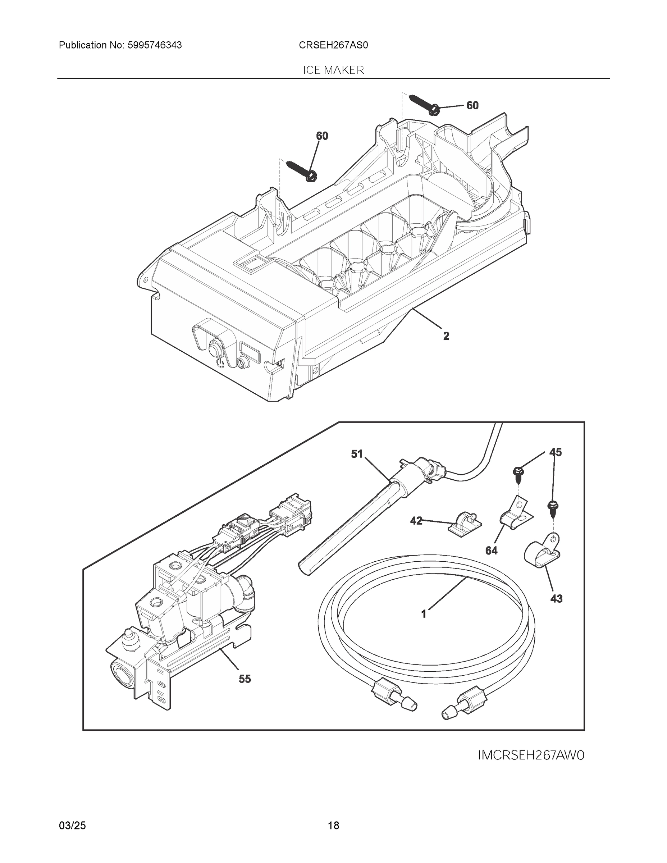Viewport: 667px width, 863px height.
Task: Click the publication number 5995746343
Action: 155,45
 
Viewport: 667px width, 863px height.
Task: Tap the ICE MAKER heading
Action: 333,70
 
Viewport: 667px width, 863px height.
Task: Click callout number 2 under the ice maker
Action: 446,336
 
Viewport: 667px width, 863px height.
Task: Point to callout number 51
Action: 356,454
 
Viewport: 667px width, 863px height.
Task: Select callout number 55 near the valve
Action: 245,679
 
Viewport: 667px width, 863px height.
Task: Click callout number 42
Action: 416,521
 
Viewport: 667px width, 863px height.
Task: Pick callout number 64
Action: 491,551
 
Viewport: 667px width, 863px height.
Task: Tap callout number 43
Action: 556,599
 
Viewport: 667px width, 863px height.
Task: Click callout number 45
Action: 556,452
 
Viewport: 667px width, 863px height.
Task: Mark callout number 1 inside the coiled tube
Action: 424,614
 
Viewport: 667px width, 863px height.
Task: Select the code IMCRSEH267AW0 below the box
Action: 531,755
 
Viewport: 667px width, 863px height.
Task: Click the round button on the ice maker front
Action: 214,350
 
